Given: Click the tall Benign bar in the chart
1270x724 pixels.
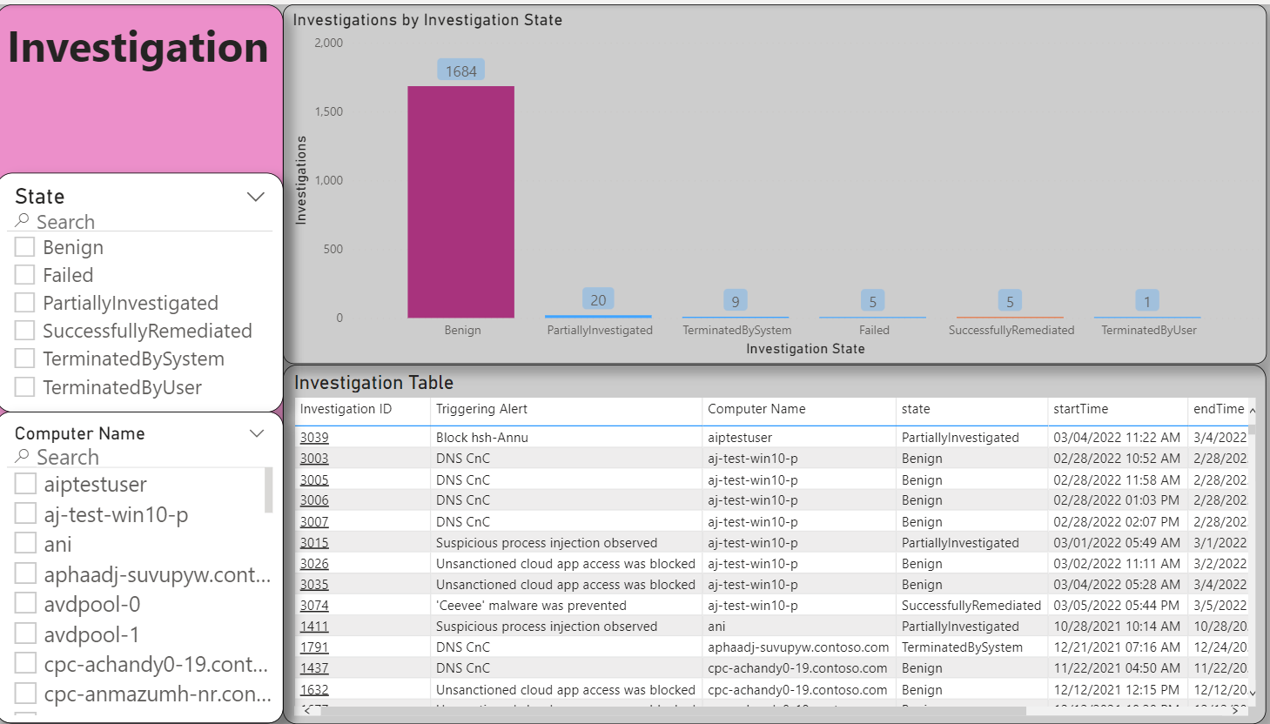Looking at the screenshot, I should pos(460,202).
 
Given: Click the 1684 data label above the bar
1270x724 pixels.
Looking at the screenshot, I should pos(460,71).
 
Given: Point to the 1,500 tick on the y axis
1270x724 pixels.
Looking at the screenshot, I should pos(328,111).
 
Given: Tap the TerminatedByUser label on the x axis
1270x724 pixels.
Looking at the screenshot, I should pos(1148,331).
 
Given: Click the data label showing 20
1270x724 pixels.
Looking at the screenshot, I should pos(598,300).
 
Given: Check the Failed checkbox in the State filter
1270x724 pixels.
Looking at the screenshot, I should pos(25,275).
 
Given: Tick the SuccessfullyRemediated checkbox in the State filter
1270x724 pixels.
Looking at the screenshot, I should pos(25,331).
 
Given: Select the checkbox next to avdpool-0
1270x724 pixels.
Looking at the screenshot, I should pos(26,604).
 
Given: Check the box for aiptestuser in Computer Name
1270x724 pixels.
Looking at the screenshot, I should pos(26,484).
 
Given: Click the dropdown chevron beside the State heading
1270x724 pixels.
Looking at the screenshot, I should pos(256,197).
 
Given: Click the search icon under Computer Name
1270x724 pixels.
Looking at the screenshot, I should pos(23,456).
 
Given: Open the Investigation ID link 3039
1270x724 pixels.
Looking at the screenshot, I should pos(314,438).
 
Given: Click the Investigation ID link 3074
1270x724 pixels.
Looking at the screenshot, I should pos(314,606).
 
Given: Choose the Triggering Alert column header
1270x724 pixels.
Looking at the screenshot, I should pos(481,409).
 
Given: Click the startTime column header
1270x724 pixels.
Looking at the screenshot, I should pos(1080,409).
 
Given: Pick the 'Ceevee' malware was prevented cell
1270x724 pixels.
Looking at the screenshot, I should pos(531,606).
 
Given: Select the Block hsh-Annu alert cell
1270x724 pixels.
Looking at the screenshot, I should pos(482,438).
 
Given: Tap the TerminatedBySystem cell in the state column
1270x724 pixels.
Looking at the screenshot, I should pos(962,647).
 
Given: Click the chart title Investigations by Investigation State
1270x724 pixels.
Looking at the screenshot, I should pos(427,20).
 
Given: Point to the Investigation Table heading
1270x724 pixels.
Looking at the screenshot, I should pos(373,383).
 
